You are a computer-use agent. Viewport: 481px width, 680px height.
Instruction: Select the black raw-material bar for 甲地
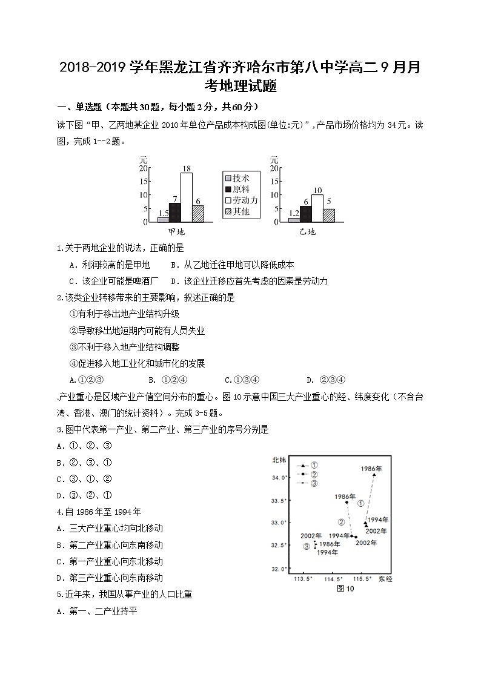tap(175, 213)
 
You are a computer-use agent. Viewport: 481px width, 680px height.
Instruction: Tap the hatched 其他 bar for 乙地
tap(329, 216)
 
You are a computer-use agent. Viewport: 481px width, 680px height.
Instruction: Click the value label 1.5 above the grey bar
tap(163, 213)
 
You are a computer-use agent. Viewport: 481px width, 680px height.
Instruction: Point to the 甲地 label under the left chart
tap(176, 232)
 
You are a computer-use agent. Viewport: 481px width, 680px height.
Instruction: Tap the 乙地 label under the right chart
tap(307, 232)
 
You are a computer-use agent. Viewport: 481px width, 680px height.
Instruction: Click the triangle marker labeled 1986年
tap(374, 475)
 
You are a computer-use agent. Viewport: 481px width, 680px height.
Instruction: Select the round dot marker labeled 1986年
tap(347, 503)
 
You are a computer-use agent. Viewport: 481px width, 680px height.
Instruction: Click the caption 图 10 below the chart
tap(344, 589)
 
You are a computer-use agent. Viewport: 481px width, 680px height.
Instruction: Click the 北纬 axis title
tap(280, 460)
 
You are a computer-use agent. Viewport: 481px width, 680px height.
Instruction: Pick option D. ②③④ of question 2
tap(326, 380)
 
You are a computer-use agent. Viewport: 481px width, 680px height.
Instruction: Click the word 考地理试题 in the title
tap(240, 87)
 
